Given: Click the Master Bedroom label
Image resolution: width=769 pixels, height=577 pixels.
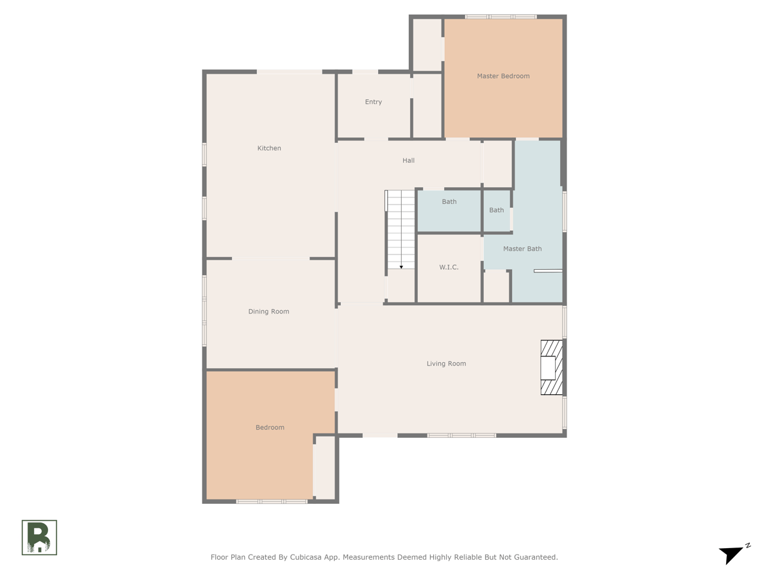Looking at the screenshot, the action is pos(503,76).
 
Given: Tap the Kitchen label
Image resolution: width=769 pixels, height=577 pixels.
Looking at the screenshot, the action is pos(269,148).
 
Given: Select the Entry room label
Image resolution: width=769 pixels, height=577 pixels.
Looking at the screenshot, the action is pos(373,102).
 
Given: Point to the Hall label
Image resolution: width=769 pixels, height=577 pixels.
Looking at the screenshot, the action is pos(408,160).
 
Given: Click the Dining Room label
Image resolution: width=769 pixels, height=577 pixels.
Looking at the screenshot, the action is pos(269,312).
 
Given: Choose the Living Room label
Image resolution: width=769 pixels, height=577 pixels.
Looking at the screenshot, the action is pos(446,364).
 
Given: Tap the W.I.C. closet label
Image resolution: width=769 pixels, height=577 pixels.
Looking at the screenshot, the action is pos(449,267).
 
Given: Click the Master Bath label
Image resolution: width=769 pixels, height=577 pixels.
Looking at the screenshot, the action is pos(522,249).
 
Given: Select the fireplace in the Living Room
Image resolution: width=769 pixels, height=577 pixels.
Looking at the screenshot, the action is pos(552,367).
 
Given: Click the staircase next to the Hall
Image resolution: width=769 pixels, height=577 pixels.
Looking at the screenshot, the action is pos(401,230).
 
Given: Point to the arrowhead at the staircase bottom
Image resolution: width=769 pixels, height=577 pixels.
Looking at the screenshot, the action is pos(401,267).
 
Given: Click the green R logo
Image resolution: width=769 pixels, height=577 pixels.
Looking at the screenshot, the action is pos(39,537).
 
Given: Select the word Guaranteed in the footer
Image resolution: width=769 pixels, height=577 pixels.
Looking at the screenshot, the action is pos(538,557).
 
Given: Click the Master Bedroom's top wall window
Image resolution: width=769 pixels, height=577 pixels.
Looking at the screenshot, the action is pos(500,17).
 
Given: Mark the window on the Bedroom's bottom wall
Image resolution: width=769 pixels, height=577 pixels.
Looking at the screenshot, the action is pos(272,502).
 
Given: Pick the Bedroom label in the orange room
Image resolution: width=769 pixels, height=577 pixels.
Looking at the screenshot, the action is pos(270,428).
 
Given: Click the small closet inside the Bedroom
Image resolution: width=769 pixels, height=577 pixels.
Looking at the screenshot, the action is pos(325,467).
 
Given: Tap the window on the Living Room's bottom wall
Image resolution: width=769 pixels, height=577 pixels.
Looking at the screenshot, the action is pos(461,435).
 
